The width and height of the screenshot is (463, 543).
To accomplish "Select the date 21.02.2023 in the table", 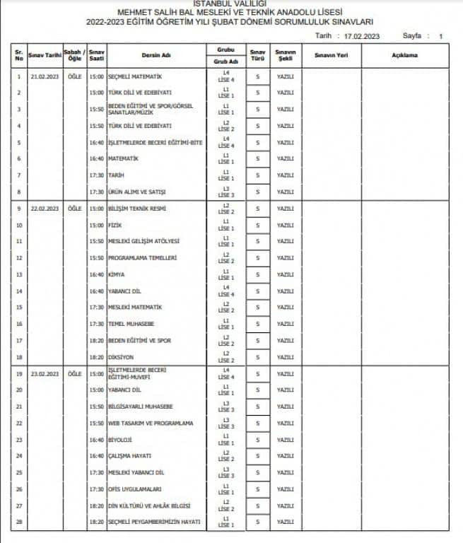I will pos(45,76).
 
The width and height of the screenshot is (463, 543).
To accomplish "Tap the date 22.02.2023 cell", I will pos(45,209).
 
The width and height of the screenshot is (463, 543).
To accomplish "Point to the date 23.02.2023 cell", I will pos(45,373).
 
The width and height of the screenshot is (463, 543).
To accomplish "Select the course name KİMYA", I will pos(117,274).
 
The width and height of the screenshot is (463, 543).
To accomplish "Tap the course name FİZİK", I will pos(116,226).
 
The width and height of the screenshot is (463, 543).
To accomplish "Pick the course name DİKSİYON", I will pos(122,357).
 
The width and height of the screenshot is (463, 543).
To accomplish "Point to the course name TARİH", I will pos(117,175).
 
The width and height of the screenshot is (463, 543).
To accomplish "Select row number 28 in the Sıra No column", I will pos(19,522).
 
